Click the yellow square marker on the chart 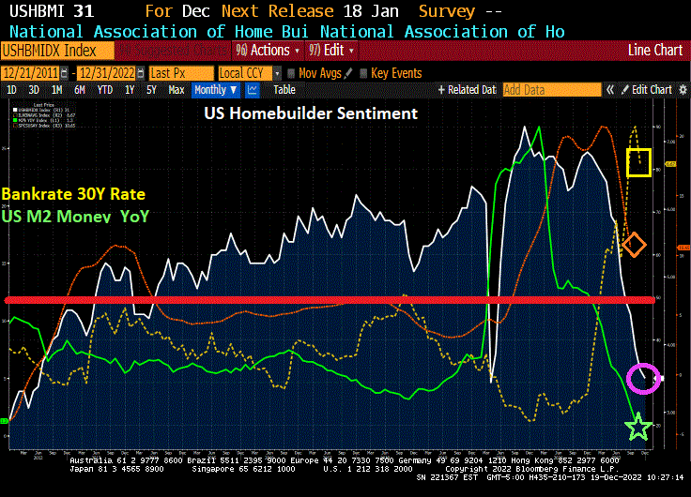click(639, 162)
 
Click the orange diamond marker click(634, 246)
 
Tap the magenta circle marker click(643, 378)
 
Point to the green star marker click(638, 428)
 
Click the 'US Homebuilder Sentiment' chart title click(311, 113)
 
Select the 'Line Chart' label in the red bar click(655, 50)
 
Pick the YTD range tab click(105, 90)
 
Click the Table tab click(284, 90)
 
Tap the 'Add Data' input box click(550, 90)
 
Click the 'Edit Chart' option click(651, 90)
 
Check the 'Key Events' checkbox click(365, 72)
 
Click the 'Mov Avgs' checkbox click(292, 72)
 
